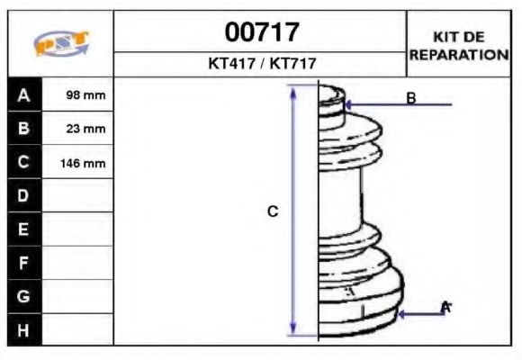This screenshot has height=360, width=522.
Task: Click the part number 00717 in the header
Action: [261, 33]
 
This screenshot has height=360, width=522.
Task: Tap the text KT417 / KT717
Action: [261, 64]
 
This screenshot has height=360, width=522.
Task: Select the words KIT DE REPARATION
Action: [459, 45]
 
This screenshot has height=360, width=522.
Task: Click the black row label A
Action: [24, 94]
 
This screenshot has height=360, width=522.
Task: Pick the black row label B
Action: [24, 129]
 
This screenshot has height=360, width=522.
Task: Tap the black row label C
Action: [24, 163]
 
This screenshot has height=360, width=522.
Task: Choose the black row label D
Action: [24, 196]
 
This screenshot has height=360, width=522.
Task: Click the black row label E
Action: [24, 229]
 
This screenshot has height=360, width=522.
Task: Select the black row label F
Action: [24, 263]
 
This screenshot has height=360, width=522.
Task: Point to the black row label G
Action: [24, 296]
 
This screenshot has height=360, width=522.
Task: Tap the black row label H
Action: [24, 329]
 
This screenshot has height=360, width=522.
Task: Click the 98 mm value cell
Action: [78, 94]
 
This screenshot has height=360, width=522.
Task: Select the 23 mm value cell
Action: [78, 129]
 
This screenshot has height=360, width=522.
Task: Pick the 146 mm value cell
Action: [78, 163]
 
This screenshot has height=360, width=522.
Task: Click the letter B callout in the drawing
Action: [410, 98]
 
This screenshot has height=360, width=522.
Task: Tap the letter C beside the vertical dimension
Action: [273, 211]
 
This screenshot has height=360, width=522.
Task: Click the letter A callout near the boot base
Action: [445, 308]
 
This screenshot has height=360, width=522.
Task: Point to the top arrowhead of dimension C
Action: [292, 91]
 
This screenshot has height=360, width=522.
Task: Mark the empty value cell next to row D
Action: [78, 196]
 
